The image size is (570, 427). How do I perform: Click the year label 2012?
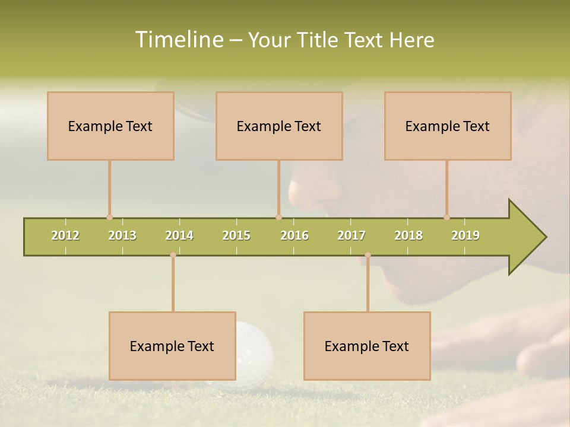(x=65, y=235)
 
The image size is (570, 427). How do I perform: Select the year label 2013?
(x=122, y=235)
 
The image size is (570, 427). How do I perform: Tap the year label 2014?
(x=179, y=235)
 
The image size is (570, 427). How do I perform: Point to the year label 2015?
(x=236, y=235)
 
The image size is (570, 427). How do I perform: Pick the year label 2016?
(x=294, y=235)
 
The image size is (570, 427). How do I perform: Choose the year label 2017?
(x=351, y=235)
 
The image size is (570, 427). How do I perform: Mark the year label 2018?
(x=408, y=235)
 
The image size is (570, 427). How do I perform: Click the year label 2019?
(x=465, y=235)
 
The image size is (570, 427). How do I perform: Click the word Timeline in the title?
(x=178, y=40)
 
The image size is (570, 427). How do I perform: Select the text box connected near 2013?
(x=110, y=126)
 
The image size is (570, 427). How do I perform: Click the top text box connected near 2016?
(x=279, y=126)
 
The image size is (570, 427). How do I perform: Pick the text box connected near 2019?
(x=448, y=126)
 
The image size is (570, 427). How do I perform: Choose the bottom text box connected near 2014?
(x=172, y=346)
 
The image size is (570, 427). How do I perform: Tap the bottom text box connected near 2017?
(x=367, y=346)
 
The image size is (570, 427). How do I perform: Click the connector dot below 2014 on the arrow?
(x=173, y=255)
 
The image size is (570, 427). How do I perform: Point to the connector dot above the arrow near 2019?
(x=446, y=217)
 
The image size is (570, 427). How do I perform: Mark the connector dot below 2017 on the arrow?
(x=368, y=255)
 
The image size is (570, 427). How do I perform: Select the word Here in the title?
(x=411, y=40)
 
